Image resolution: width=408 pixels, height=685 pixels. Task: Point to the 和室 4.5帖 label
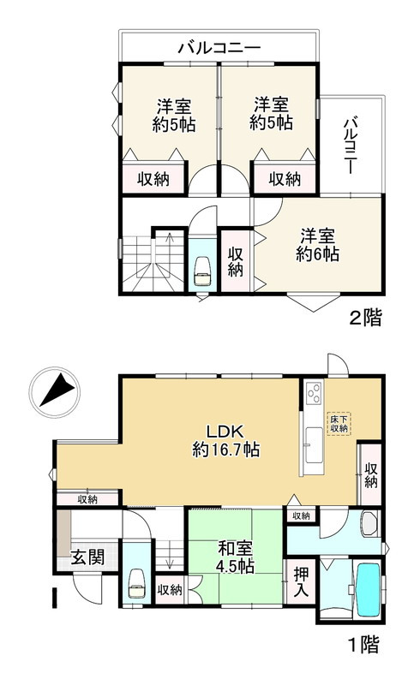pos(234,558)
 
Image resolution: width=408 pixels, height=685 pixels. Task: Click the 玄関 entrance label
pos(87,557)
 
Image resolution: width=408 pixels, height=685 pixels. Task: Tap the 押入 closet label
pos(301,581)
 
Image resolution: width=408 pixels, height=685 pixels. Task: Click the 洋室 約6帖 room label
pos(317,244)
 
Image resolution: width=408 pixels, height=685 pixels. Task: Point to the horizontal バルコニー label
pos(219,48)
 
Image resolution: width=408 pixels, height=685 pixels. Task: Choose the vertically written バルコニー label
pos(351,146)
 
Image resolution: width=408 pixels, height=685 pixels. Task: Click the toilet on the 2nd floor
pos(203,271)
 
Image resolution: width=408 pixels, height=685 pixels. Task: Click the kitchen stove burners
pos(313,395)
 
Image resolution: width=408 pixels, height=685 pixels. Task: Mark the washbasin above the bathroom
pos(369,524)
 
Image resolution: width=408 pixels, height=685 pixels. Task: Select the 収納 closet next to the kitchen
pos(370,474)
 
